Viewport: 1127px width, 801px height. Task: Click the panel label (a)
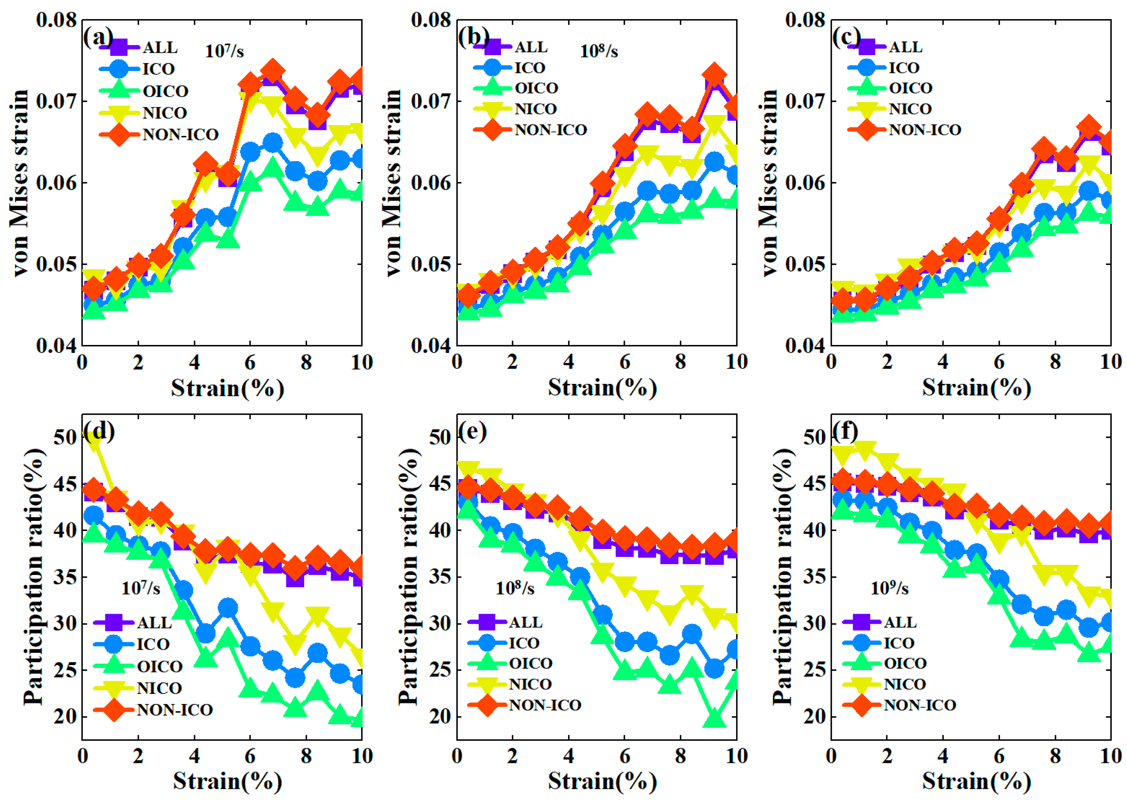(98, 37)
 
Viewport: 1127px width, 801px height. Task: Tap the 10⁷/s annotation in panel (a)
(224, 51)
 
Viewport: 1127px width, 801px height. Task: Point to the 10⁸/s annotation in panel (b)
(599, 51)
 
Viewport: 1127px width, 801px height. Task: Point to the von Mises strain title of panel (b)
(393, 182)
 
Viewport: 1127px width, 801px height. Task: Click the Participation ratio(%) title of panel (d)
(34, 577)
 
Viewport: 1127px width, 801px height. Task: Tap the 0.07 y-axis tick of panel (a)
(57, 102)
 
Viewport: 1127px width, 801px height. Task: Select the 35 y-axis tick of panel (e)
(440, 577)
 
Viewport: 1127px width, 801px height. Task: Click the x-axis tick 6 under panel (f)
(999, 756)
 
